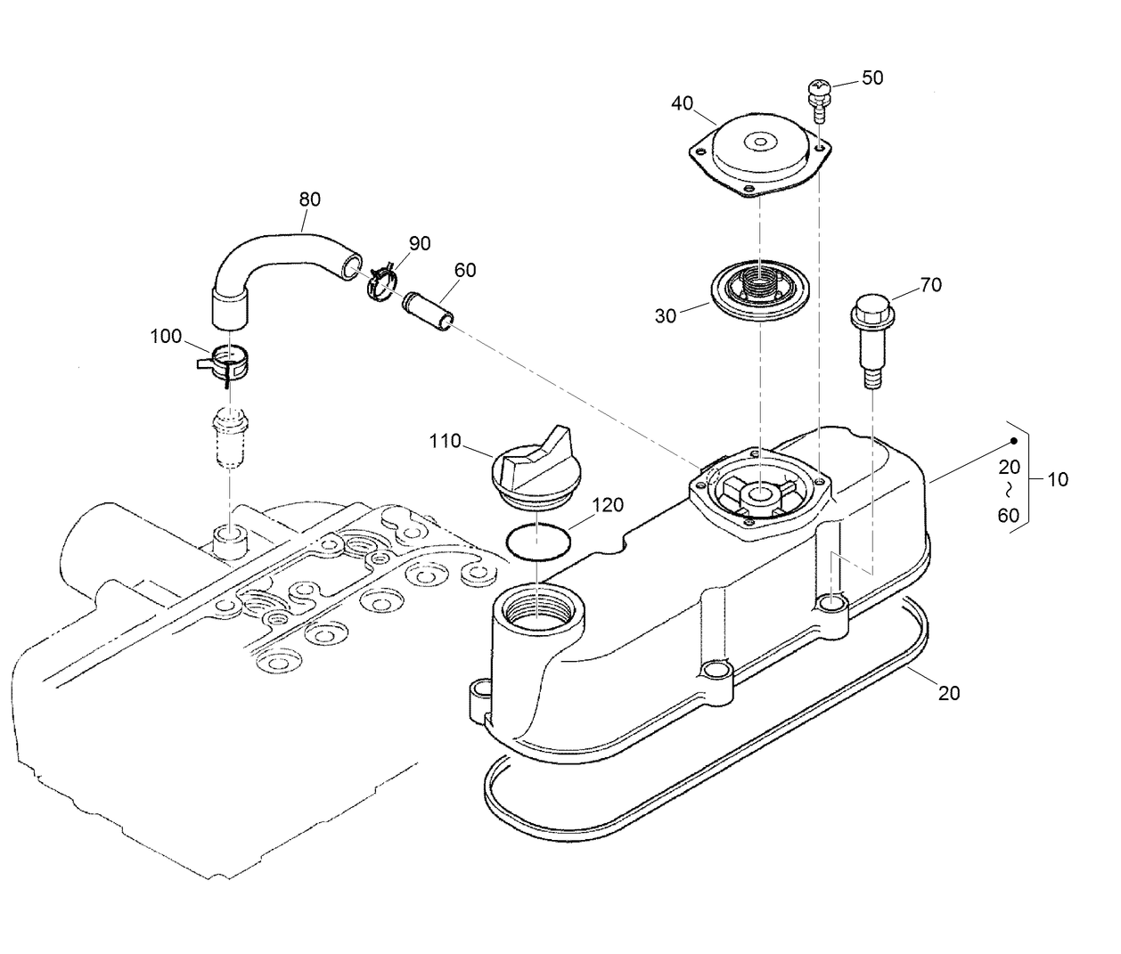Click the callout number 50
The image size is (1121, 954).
[x=872, y=78]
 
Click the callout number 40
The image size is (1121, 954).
[x=683, y=104]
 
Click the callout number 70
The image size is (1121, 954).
[x=930, y=285]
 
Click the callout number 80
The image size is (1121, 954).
[x=309, y=200]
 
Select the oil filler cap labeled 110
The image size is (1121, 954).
[x=533, y=469]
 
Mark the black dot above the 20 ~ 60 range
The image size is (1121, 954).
[x=1014, y=441]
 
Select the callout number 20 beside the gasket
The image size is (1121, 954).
[x=949, y=693]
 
